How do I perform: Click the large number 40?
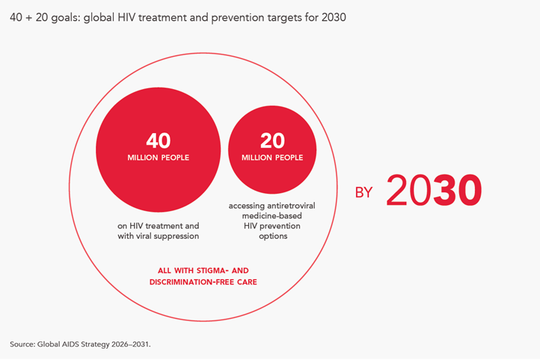[158, 140]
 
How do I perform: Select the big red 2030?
[433, 191]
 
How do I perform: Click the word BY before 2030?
[363, 193]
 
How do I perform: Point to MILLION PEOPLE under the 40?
[158, 158]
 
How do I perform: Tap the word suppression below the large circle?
[179, 236]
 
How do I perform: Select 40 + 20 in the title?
[31, 16]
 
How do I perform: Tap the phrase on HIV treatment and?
[158, 225]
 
